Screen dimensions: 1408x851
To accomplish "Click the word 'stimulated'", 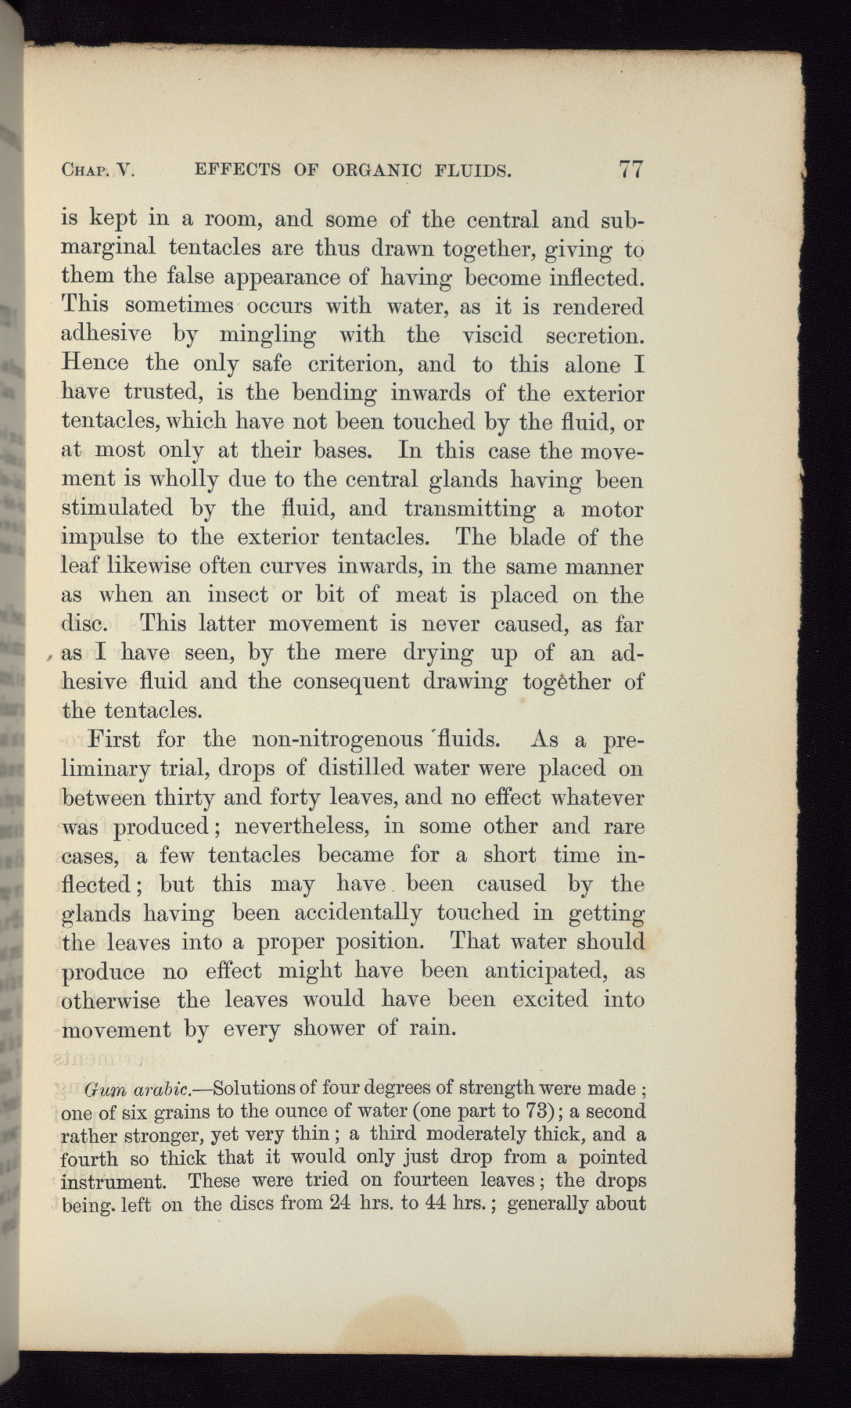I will (117, 508).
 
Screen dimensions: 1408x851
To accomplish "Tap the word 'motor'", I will (612, 509).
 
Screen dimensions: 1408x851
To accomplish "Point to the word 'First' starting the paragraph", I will (115, 739).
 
